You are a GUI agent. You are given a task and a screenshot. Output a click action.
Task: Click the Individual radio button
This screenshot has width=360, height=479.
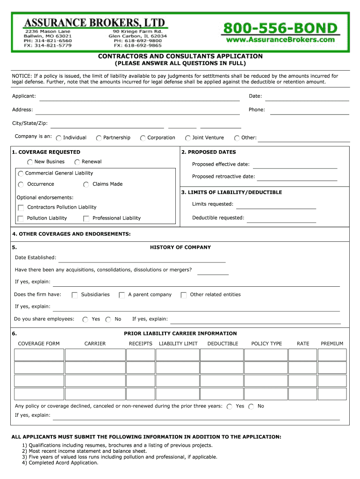59,138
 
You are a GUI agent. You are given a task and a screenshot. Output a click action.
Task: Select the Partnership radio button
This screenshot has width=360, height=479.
99,138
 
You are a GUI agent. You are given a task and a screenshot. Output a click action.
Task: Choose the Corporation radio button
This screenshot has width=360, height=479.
143,138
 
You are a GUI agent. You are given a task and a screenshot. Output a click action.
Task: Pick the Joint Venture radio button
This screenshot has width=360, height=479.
188,138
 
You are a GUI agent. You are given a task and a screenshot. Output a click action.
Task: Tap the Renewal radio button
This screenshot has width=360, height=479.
77,162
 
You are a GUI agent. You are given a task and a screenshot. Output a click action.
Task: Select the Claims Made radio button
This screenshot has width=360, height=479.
86,184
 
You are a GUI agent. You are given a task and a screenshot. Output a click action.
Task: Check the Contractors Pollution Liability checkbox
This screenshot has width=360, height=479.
21,208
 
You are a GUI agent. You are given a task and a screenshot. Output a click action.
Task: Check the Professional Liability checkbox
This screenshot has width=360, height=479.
86,218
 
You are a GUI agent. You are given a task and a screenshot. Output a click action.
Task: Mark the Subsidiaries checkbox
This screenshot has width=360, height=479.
74,295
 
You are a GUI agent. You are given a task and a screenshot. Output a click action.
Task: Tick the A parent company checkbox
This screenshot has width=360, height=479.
122,295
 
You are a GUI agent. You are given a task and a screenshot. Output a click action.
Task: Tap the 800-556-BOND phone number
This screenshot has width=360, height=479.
280,28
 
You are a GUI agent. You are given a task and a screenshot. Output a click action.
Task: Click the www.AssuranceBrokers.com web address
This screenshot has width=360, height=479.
280,40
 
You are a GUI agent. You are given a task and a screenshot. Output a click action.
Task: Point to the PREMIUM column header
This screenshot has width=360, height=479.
332,344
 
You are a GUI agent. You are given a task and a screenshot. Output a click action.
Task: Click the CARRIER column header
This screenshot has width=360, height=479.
95,344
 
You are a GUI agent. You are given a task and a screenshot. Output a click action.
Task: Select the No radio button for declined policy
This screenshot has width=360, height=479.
252,407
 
